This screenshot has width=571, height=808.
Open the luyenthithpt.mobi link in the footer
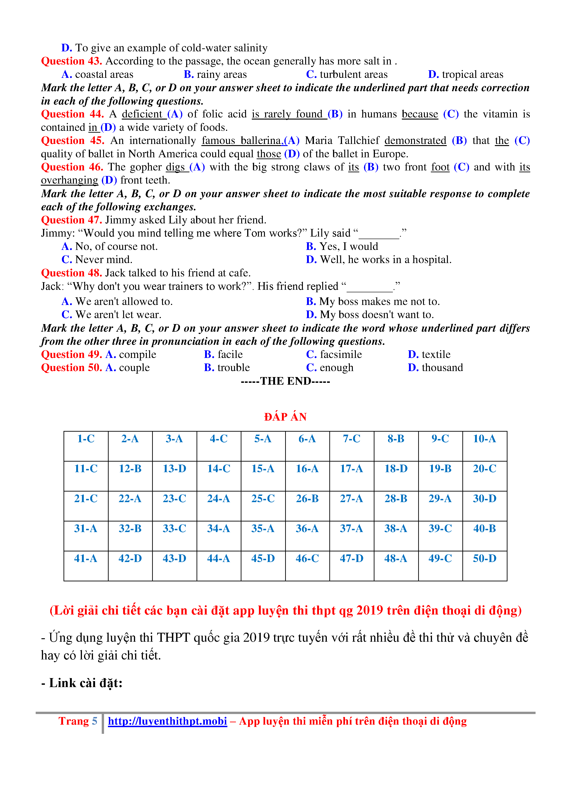click(x=167, y=721)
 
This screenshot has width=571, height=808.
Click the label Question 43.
click(x=71, y=61)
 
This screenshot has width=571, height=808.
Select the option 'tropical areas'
click(x=472, y=75)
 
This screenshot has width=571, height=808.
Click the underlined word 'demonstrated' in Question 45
click(x=415, y=141)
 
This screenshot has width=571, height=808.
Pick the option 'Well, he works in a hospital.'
click(x=385, y=260)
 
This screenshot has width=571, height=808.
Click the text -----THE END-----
click(x=285, y=381)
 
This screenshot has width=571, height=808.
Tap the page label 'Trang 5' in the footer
click(x=78, y=721)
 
